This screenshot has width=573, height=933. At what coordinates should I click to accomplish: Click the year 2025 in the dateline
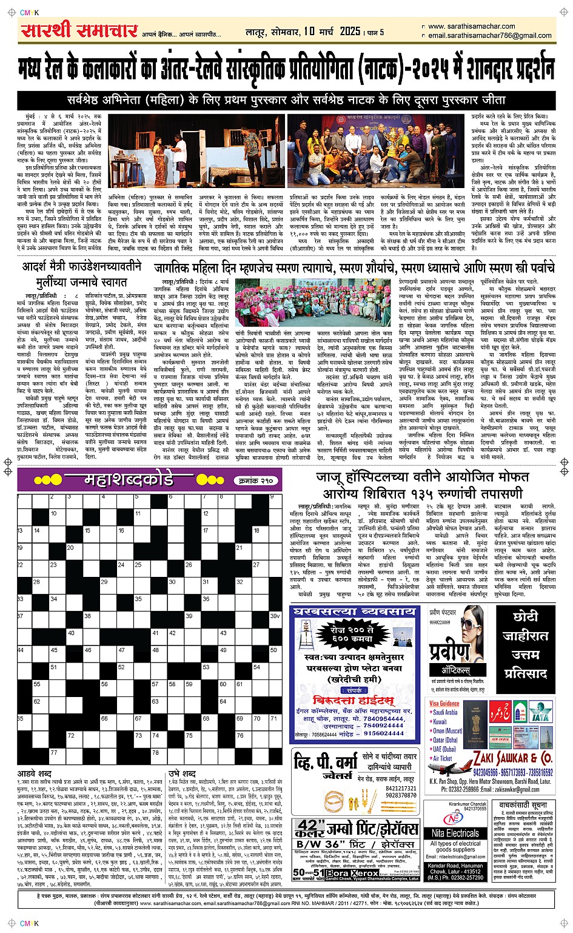(350, 32)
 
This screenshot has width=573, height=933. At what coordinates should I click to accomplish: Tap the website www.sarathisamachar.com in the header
(471, 26)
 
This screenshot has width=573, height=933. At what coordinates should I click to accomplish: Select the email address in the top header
(489, 35)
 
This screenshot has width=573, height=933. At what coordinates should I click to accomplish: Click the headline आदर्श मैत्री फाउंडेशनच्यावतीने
(82, 266)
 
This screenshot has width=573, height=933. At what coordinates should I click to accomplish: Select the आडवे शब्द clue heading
(35, 774)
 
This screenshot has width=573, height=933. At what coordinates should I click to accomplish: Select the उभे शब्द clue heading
(182, 774)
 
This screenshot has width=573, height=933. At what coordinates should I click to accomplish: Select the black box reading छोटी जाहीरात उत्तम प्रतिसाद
(525, 645)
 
